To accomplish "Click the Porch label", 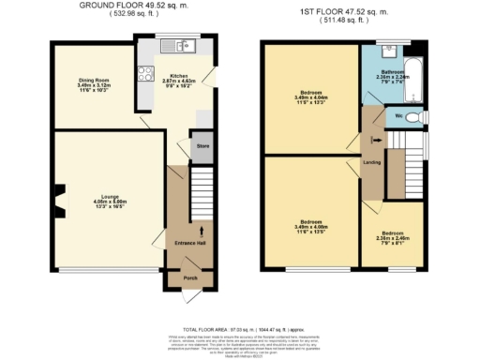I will point(189,277).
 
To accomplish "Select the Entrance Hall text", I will point(189,243).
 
